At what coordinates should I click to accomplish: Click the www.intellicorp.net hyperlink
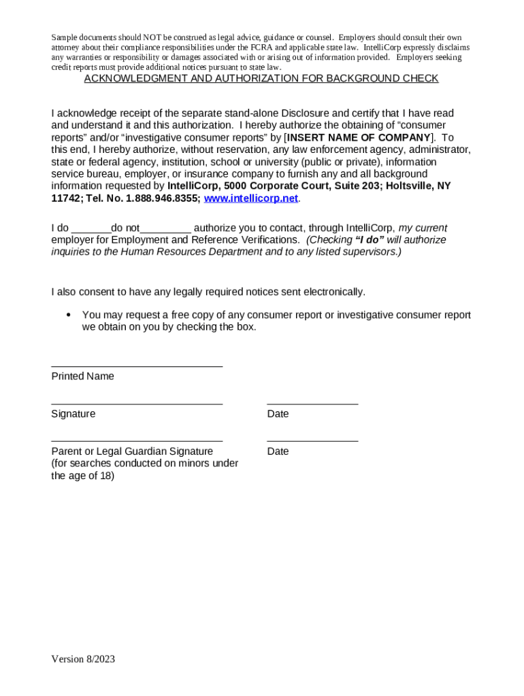click(251, 198)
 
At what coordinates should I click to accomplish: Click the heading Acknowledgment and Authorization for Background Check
click(261, 79)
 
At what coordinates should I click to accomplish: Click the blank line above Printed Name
click(137, 366)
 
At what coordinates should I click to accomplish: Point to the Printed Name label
click(82, 377)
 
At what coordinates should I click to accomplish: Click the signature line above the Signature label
click(137, 404)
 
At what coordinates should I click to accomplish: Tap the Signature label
click(73, 414)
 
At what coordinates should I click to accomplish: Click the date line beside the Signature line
click(312, 404)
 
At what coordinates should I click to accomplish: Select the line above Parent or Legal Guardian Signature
click(137, 442)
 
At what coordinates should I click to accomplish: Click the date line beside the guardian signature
click(312, 442)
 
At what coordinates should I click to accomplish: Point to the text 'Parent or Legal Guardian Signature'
click(132, 451)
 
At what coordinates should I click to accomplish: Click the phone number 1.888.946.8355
click(163, 198)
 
